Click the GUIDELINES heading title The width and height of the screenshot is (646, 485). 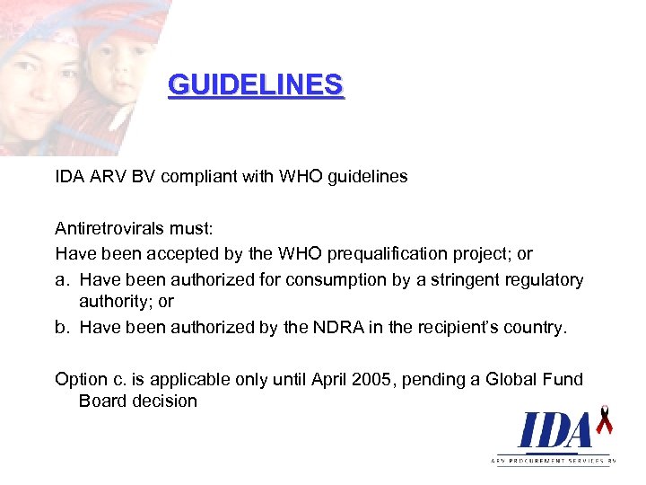pyautogui.click(x=256, y=85)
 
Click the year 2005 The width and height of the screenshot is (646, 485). pyautogui.click(x=368, y=379)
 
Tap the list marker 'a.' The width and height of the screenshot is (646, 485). pyautogui.click(x=63, y=280)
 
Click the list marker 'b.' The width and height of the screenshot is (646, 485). pyautogui.click(x=63, y=327)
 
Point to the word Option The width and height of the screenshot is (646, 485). pyautogui.click(x=82, y=379)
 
